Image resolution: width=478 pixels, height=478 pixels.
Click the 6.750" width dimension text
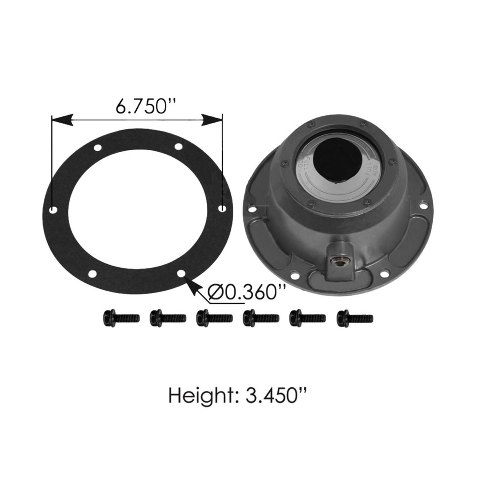[x=142, y=107]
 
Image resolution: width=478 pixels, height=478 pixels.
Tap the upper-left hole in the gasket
[x=98, y=148]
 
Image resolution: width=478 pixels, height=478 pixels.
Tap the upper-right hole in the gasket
[x=178, y=147]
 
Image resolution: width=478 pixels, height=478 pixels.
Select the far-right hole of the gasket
[x=222, y=208]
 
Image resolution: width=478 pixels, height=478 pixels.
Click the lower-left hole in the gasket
[x=93, y=274]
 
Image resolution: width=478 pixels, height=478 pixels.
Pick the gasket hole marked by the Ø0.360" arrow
[x=182, y=273]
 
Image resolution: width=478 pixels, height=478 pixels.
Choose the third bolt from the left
[x=214, y=318]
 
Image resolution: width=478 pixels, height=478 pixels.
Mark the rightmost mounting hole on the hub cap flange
[x=423, y=205]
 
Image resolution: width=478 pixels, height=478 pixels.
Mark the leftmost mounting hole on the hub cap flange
[x=253, y=209]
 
